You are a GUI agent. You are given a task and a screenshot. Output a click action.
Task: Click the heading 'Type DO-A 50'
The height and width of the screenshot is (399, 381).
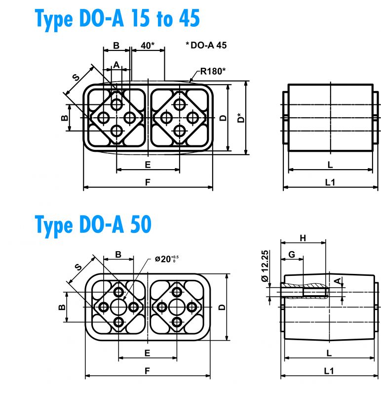93,225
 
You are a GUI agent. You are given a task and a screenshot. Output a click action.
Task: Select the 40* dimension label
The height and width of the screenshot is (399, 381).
148,45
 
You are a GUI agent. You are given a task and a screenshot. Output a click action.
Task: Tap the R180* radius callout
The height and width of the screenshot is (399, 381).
213,71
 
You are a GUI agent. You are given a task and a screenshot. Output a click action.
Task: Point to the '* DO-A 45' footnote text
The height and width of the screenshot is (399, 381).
206,45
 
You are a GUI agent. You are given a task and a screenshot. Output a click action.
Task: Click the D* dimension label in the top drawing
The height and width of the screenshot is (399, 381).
240,118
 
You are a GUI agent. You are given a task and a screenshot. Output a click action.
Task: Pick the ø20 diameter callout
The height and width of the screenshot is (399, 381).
167,259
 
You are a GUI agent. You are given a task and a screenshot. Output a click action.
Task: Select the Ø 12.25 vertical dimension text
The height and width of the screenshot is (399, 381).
265,266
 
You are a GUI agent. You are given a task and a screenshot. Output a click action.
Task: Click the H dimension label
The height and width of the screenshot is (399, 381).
303,238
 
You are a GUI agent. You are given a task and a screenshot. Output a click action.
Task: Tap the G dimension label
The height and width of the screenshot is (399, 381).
292,254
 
